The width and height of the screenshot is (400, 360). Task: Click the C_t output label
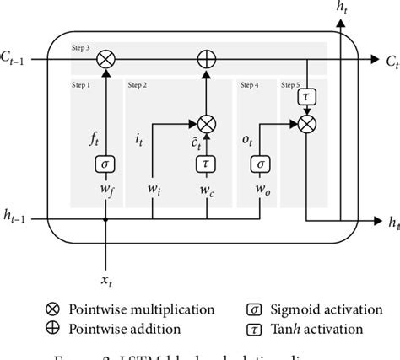pyautogui.click(x=390, y=61)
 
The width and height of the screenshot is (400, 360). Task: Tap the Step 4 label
pyautogui.click(x=251, y=85)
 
